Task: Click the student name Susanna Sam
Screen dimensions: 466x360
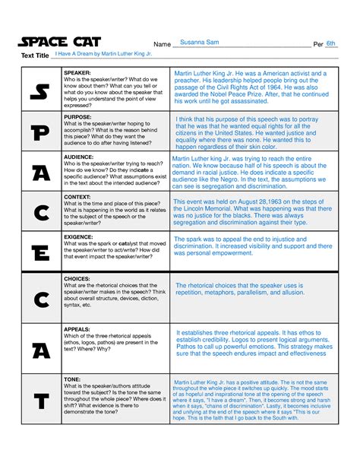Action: (201, 44)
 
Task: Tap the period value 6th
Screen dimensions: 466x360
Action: (330, 44)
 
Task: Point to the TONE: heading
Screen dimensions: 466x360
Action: (73, 378)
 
